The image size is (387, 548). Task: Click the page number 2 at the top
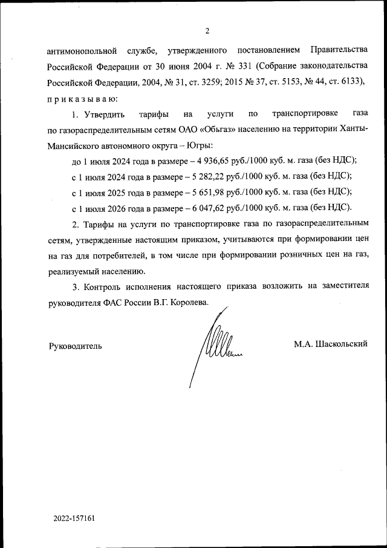(x=207, y=31)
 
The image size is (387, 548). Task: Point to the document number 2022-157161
(x=74, y=519)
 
